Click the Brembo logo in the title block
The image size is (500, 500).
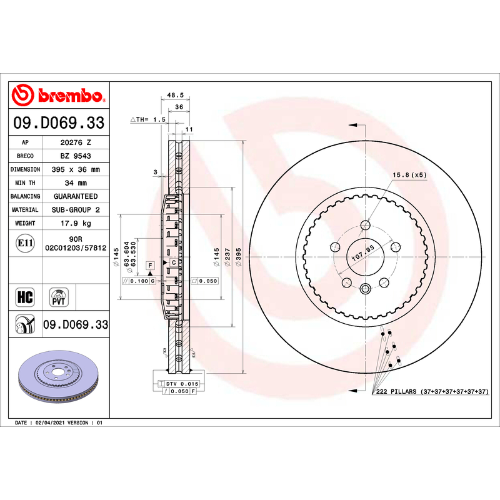coord(59,95)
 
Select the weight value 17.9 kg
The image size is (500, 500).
coord(76,223)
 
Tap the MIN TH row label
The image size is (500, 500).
coord(25,183)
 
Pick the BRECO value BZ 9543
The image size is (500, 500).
coord(76,156)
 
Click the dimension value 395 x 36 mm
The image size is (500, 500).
coord(76,169)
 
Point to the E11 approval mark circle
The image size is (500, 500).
coord(25,243)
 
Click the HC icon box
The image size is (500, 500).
coord(25,297)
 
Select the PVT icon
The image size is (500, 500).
coord(59,297)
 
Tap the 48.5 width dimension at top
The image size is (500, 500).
coord(176,95)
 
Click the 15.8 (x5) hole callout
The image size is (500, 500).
coord(409,175)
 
